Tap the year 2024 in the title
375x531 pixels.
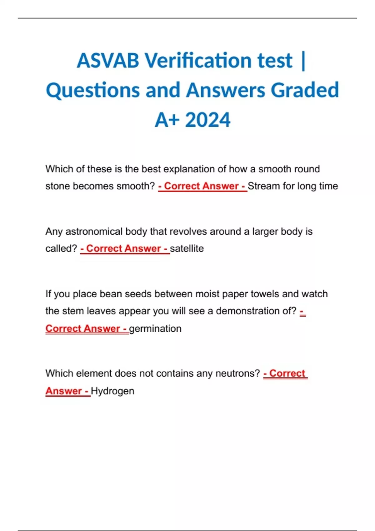click(x=207, y=120)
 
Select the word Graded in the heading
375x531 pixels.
click(x=305, y=90)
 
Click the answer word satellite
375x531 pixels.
click(x=187, y=249)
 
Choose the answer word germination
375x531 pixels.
click(x=155, y=329)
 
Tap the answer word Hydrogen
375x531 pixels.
click(x=112, y=391)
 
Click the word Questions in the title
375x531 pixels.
click(x=93, y=90)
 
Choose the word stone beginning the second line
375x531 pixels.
click(x=58, y=186)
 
